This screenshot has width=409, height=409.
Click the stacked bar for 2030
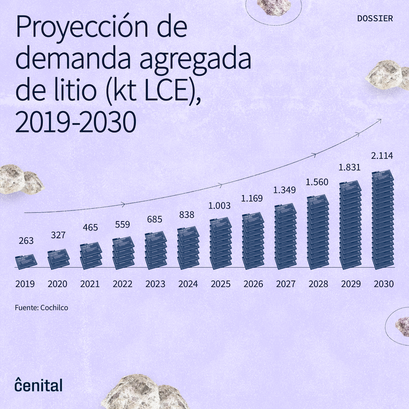pyautogui.click(x=383, y=220)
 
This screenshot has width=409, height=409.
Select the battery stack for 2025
pyautogui.click(x=221, y=244)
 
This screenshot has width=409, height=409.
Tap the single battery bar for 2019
pyautogui.click(x=26, y=261)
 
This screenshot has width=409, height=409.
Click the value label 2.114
pyautogui.click(x=382, y=157)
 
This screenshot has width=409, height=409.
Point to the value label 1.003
pyautogui.click(x=220, y=206)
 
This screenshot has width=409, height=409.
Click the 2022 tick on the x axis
pyautogui.click(x=123, y=284)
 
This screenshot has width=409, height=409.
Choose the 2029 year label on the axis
pyautogui.click(x=351, y=284)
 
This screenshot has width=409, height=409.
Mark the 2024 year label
pyautogui.click(x=188, y=284)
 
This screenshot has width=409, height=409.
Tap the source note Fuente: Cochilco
pyautogui.click(x=41, y=308)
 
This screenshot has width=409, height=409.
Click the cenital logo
pyautogui.click(x=38, y=384)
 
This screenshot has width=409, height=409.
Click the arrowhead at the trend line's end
pyautogui.click(x=379, y=119)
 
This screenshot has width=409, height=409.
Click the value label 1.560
pyautogui.click(x=317, y=182)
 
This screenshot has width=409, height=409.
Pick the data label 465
pyautogui.click(x=90, y=227)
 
